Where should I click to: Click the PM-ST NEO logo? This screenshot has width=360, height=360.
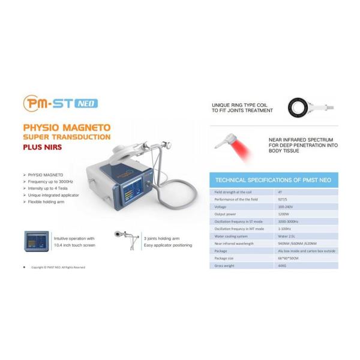click(x=60, y=103)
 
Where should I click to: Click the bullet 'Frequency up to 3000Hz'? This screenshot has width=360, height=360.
click(x=53, y=181)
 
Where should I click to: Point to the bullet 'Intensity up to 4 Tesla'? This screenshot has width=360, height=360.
click(x=53, y=188)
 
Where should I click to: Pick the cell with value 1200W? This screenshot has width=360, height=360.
click(x=284, y=214)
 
